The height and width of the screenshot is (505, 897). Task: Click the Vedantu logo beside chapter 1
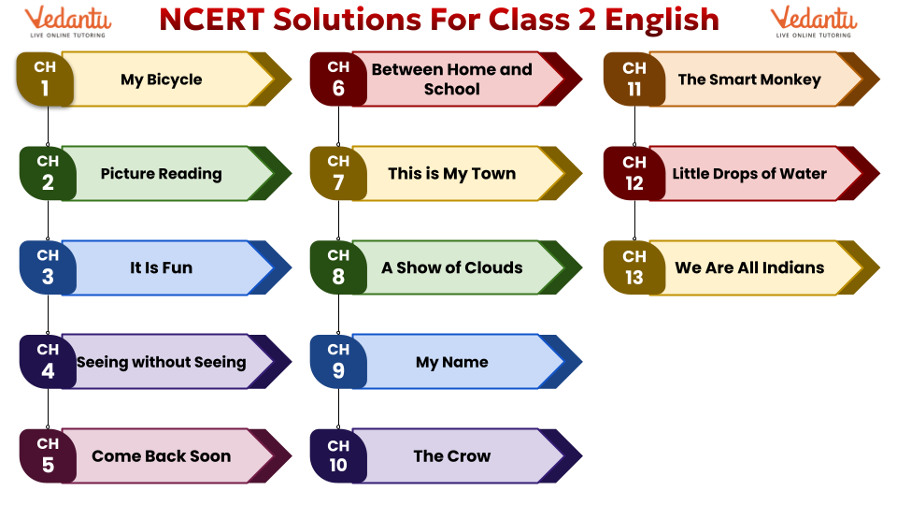coord(68,22)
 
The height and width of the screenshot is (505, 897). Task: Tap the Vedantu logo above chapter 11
coord(814,22)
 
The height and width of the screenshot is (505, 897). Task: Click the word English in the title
coord(662,21)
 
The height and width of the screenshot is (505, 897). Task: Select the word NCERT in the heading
coord(211,20)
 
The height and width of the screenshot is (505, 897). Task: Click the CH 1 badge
coord(45,79)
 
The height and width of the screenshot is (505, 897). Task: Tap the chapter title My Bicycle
coord(162,79)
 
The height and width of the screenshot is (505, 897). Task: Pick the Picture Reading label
coord(162,174)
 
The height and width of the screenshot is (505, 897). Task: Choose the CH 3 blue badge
coord(48,267)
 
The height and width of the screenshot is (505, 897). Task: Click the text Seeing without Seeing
coord(162,362)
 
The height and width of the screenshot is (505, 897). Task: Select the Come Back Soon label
coord(162,455)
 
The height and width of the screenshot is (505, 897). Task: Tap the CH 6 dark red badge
coord(338,79)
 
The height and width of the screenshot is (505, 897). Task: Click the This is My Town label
coord(452,174)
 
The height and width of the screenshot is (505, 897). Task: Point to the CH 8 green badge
coord(338,267)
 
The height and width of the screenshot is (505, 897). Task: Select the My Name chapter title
coord(452,362)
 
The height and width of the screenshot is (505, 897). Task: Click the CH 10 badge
coord(338,455)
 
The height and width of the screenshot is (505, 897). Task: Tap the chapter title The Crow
coord(452,455)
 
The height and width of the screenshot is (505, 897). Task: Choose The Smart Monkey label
coord(749,79)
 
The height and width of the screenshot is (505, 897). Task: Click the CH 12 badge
coord(634,174)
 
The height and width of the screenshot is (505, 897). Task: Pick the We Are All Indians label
coord(749,267)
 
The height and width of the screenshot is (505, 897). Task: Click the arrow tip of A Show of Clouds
coord(581,267)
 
